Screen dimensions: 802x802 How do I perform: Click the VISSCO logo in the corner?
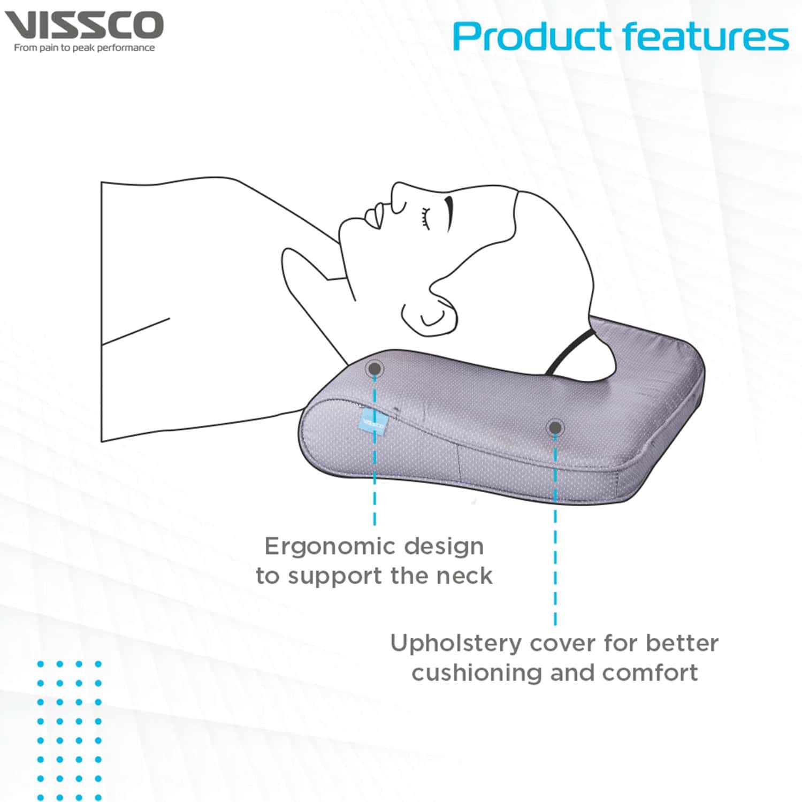[84, 26]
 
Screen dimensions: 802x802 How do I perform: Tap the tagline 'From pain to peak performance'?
[84, 48]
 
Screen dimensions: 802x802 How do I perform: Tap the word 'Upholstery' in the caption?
[455, 643]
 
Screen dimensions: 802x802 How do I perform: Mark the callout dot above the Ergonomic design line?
[375, 368]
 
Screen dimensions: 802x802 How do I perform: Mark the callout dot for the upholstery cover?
[555, 427]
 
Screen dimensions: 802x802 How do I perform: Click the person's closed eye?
[425, 219]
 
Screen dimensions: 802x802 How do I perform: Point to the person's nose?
[399, 196]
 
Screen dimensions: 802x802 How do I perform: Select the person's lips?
[375, 215]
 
